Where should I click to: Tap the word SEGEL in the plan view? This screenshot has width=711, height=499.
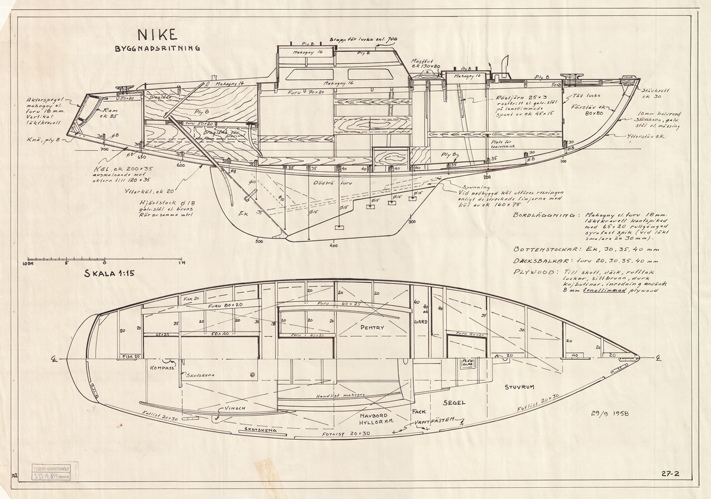(454, 402)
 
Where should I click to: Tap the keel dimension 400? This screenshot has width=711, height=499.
(334, 244)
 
